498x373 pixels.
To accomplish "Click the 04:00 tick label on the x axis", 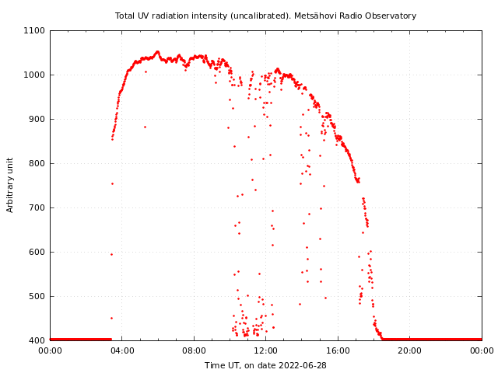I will tap(122, 350).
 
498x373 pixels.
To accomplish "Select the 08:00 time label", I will tap(194, 350).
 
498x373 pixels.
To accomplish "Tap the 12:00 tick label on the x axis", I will tap(266, 350).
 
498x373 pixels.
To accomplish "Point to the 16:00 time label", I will tap(338, 350).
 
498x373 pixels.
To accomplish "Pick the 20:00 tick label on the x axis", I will tap(410, 350).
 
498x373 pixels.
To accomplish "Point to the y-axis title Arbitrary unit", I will tap(10, 185).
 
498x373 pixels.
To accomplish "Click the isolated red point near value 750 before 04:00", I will tap(112, 183).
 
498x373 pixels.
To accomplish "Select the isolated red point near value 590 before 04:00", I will tap(111, 254).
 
